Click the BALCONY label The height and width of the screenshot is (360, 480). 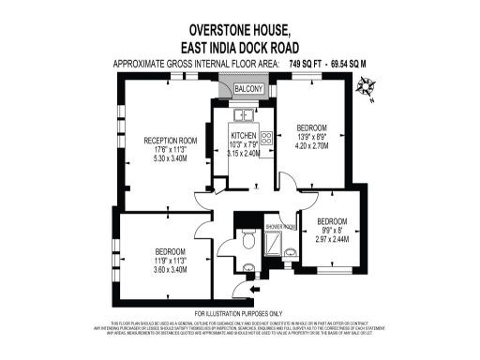click(x=248, y=89)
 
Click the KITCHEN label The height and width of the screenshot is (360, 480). click(x=244, y=136)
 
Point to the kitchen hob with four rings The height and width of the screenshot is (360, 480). click(x=266, y=138)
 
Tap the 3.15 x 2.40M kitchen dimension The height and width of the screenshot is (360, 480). click(x=244, y=154)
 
